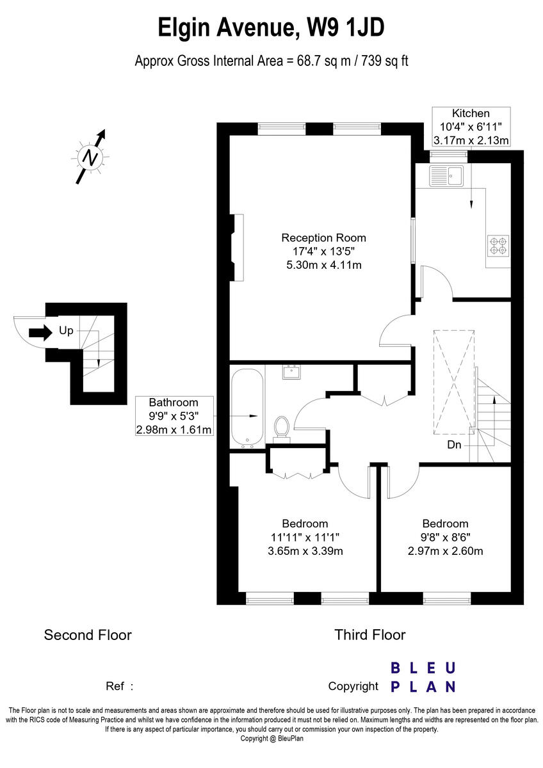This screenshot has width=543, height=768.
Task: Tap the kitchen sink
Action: tap(446, 175)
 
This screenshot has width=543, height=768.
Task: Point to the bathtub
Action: tap(247, 407)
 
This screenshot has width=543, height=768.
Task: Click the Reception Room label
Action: tap(323, 238)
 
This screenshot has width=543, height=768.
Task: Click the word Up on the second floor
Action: tap(66, 332)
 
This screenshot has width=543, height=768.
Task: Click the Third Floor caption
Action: tap(369, 635)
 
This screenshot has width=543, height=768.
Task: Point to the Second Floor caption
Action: tap(88, 635)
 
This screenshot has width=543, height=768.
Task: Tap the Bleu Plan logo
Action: tap(423, 677)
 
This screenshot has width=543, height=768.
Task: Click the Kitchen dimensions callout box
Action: tap(471, 127)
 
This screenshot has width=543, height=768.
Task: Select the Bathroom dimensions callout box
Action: tap(174, 416)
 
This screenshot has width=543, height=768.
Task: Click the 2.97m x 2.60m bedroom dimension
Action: tap(445, 551)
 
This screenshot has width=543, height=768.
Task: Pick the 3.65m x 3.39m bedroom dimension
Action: tap(305, 551)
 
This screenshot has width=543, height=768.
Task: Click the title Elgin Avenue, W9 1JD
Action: tap(271, 29)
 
